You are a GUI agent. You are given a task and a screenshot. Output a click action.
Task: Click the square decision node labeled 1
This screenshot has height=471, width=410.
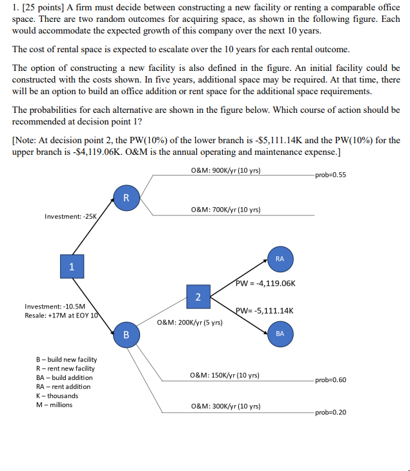coord(72,266)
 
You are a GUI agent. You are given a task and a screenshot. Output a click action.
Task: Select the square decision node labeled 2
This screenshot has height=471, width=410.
coord(198,296)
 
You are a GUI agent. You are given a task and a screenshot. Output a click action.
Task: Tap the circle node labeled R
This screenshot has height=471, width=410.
coord(126,198)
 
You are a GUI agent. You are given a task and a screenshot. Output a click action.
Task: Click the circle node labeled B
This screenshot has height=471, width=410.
coord(126,335)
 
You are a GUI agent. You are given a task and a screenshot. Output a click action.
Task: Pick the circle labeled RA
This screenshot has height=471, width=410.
coord(280,258)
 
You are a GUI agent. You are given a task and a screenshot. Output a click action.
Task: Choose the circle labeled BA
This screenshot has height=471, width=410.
coord(280,334)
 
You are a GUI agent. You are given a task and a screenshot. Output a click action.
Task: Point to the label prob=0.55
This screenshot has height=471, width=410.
coord(331,174)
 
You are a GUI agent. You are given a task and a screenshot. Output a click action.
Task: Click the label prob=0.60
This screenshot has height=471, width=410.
coord(331,379)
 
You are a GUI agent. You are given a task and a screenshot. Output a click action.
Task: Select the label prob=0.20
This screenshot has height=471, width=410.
coord(331,412)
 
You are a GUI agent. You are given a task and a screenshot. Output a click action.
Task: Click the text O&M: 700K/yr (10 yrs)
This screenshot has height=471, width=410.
coord(226,210)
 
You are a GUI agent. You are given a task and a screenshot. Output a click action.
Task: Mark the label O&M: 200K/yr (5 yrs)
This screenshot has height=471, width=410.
coord(190,322)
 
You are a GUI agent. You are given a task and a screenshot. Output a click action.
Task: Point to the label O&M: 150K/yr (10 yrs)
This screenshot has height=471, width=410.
coord(225,375)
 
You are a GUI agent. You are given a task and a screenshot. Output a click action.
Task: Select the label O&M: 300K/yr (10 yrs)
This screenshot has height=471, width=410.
coord(225,406)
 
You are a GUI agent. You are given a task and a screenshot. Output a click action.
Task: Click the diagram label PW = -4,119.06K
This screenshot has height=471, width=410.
coord(265,283)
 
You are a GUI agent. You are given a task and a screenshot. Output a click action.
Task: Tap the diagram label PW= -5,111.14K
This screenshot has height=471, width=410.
coord(265,310)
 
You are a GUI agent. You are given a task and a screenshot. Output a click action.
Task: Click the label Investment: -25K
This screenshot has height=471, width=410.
coord(70,216)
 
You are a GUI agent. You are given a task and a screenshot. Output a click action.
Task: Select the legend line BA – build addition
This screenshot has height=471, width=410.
coord(64,377)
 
